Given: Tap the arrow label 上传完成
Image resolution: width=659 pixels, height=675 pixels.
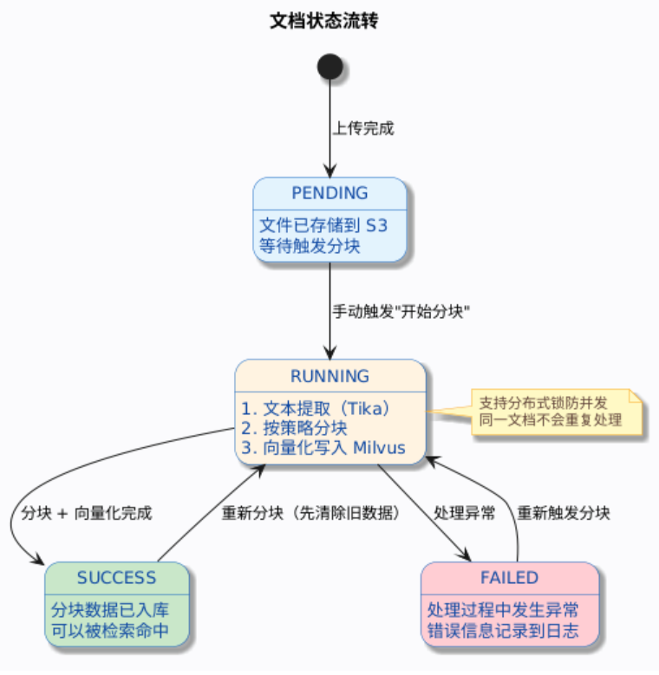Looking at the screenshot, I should [x=363, y=129].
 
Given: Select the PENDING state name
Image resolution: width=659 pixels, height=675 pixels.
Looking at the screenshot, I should [x=329, y=193].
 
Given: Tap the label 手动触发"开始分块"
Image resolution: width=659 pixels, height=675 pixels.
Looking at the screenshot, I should [x=401, y=311].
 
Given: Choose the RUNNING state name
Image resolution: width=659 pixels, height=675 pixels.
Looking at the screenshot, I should [x=329, y=376].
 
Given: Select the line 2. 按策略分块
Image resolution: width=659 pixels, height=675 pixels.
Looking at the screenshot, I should [x=294, y=428].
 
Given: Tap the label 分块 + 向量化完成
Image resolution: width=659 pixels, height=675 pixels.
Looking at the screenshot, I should [x=87, y=513].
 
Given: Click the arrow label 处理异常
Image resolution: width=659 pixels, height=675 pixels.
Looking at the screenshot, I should [x=465, y=513].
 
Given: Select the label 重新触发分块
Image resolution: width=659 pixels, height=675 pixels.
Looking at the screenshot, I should [x=564, y=513].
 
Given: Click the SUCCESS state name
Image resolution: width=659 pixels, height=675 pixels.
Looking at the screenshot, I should [x=116, y=578].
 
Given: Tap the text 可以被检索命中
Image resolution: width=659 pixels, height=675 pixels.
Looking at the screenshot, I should [x=109, y=631].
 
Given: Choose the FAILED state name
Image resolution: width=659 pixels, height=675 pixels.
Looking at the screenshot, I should [x=510, y=578].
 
